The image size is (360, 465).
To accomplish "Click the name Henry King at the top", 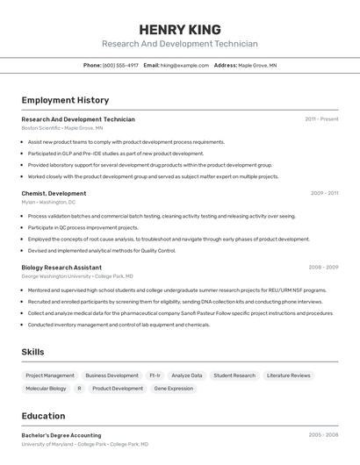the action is click(x=179, y=29).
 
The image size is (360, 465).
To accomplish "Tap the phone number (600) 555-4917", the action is click(x=120, y=65).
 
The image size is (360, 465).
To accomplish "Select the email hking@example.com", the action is click(x=184, y=65).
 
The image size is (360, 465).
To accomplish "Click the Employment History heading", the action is click(x=65, y=100).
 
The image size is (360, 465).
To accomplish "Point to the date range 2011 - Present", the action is click(x=321, y=119).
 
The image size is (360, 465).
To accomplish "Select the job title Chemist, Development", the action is click(x=54, y=193).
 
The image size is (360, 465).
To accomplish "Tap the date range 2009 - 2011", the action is click(x=324, y=193).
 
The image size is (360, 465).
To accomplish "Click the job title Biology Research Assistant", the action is click(x=61, y=267).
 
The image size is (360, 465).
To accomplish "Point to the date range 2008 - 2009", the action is click(x=323, y=267).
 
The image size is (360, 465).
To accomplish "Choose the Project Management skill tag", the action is click(x=49, y=376).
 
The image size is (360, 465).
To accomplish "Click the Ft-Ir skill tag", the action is click(x=155, y=376).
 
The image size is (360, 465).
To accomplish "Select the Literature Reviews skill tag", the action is click(x=288, y=376).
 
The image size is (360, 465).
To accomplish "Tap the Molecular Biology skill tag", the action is click(x=46, y=388).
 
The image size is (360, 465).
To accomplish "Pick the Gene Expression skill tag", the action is click(x=173, y=388).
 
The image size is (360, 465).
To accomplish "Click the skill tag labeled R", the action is click(x=79, y=388).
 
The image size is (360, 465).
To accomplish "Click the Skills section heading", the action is click(x=32, y=352).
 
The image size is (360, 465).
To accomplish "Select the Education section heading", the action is click(x=43, y=416).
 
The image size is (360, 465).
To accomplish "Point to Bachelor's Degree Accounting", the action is click(x=61, y=435).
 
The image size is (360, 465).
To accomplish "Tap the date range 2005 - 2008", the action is click(x=323, y=435).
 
